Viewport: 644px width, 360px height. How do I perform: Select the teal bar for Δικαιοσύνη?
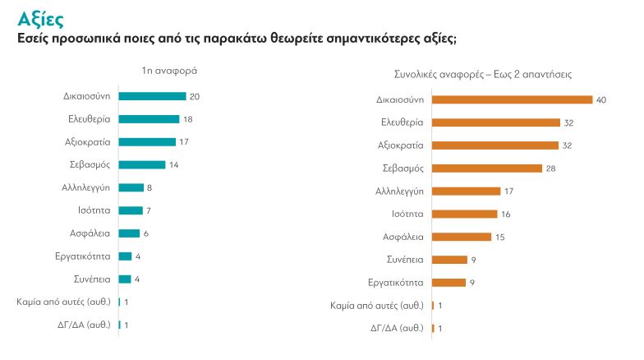tap(152, 96)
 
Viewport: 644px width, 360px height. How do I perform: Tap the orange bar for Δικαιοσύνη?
tap(512, 100)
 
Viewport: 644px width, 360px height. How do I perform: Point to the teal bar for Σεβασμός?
tap(142, 164)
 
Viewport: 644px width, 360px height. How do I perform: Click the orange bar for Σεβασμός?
tap(487, 168)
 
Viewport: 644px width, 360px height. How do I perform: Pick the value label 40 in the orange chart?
tap(601, 100)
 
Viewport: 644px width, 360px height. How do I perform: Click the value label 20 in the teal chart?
tap(195, 96)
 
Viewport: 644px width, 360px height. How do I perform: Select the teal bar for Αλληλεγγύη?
tap(131, 187)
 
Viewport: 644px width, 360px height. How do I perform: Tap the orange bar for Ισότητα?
tap(464, 214)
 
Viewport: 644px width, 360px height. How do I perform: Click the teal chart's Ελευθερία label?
tap(90, 119)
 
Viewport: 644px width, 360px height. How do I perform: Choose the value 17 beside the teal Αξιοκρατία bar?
tap(185, 142)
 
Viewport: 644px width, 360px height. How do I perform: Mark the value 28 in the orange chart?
tap(551, 168)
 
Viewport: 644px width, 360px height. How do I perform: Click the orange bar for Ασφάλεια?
tap(462, 237)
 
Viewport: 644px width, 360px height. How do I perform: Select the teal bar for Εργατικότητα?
tap(125, 256)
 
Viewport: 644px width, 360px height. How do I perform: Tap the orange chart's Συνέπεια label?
tap(405, 260)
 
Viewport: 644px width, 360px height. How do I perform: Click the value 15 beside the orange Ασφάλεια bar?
tap(499, 237)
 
